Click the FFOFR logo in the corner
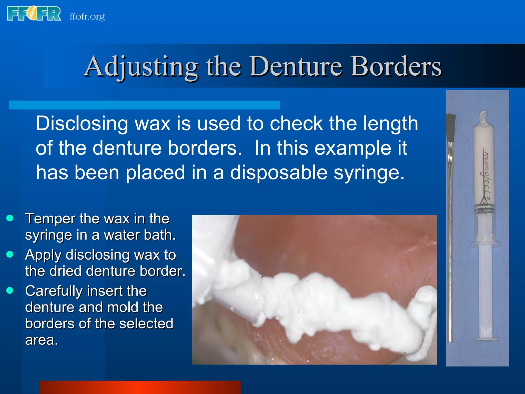(x=34, y=14)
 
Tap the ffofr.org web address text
(x=87, y=17)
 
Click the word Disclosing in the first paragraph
(x=82, y=124)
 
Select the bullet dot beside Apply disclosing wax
(x=10, y=254)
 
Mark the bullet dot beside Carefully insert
(x=10, y=290)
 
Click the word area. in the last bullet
(x=42, y=340)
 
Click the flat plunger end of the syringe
(x=486, y=339)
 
